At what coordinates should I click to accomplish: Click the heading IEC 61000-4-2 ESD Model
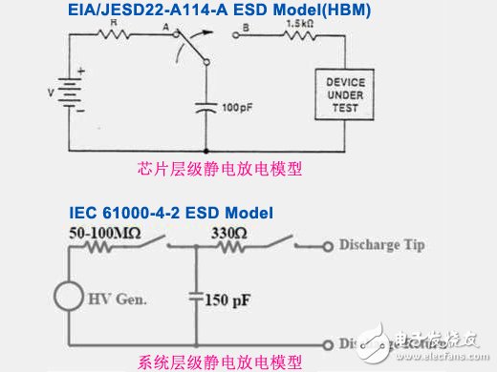click(x=169, y=211)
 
